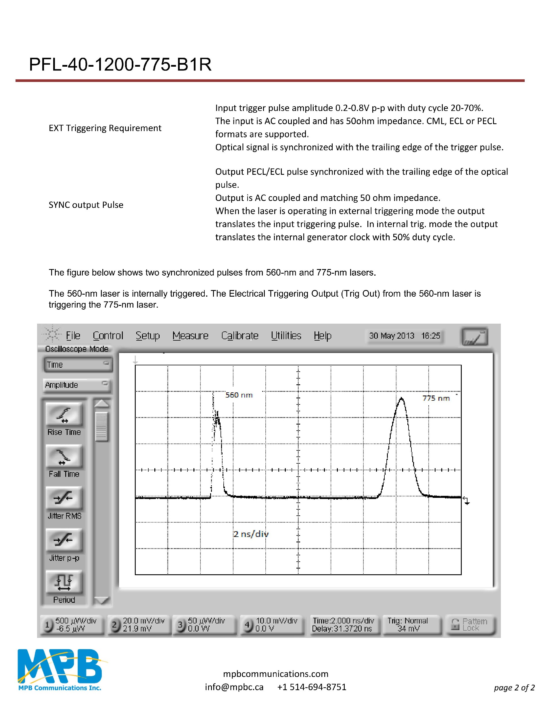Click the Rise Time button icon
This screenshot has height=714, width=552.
click(64, 415)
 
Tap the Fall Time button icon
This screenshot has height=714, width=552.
click(64, 456)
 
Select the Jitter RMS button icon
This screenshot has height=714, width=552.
click(64, 498)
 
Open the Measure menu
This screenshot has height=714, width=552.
click(190, 336)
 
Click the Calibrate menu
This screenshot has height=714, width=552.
click(240, 336)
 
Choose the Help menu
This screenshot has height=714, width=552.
click(323, 336)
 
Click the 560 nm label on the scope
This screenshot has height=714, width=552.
click(239, 395)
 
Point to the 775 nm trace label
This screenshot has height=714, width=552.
click(436, 398)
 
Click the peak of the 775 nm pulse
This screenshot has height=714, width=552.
click(402, 398)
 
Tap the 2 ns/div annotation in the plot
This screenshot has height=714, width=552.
click(251, 534)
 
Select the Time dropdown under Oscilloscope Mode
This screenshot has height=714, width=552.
click(78, 364)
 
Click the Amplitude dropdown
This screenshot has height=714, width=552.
click(77, 385)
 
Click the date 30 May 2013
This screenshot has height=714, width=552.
click(392, 336)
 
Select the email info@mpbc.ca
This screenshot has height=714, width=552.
click(234, 687)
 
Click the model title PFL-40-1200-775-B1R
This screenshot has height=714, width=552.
click(120, 64)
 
